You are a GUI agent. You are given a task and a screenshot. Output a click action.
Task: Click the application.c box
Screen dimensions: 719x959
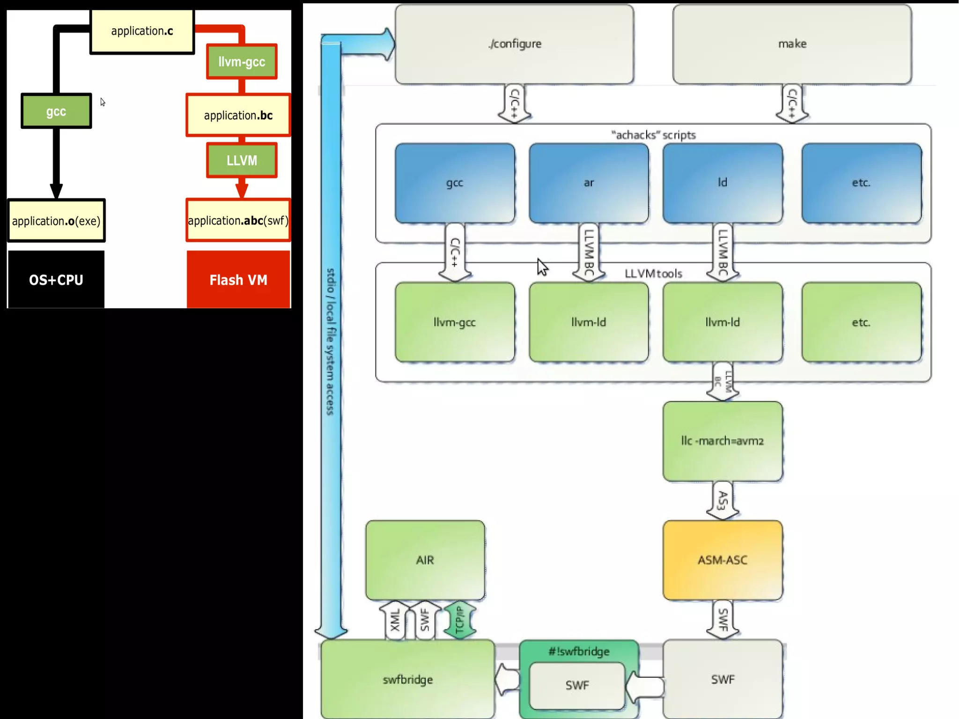point(142,31)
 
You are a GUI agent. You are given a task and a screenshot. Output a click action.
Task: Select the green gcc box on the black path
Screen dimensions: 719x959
point(56,111)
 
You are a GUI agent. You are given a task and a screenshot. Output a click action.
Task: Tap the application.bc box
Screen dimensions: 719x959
point(238,115)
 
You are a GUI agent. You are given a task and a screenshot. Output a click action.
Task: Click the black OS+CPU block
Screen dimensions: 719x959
point(56,280)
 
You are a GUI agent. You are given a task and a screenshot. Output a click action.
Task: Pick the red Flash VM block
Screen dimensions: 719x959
point(238,280)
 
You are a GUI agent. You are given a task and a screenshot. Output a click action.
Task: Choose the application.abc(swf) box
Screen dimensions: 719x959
point(238,221)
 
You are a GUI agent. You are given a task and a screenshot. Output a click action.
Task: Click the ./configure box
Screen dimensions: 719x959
point(514,44)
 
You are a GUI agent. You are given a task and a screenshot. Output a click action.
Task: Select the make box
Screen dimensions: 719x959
point(792,44)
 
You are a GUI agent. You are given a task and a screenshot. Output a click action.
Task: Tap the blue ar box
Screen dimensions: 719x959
point(589,183)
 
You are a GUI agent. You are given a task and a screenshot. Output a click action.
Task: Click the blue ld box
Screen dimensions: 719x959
point(723,183)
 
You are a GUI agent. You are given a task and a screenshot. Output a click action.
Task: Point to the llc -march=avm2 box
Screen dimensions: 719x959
point(723,441)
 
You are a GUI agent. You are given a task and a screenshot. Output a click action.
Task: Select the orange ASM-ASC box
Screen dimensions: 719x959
point(723,560)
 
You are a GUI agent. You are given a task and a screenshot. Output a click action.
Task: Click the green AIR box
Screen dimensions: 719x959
point(425,560)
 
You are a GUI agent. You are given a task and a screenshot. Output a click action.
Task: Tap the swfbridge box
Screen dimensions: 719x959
point(407,679)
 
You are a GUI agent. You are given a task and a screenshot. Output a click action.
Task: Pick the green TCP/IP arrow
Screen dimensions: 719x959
point(459,620)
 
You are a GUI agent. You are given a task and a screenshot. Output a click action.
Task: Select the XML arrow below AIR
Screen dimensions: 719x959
point(395,620)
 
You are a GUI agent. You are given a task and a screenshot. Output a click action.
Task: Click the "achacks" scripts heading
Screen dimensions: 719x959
point(653,135)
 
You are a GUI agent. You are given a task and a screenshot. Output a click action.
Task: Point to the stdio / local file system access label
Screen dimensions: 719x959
point(331,342)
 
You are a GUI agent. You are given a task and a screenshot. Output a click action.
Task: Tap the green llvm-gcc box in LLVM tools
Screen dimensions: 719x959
point(455,322)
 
